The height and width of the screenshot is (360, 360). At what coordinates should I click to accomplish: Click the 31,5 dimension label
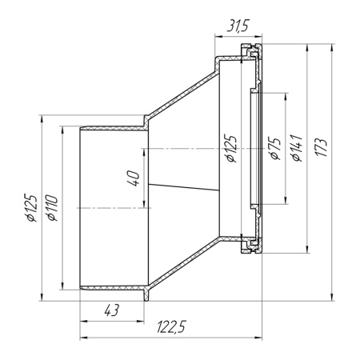[x=238, y=26]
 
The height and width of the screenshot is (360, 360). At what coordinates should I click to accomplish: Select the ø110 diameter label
[x=52, y=208]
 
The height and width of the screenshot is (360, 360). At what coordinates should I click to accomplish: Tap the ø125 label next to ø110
[x=30, y=208]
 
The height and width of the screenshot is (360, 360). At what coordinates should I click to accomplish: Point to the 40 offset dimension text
[x=134, y=178]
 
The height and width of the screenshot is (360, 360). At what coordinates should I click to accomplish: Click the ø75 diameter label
[x=276, y=148]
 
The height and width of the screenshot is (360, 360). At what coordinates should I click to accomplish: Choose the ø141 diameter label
[x=297, y=148]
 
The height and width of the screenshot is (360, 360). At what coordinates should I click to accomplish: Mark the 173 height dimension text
[x=321, y=147]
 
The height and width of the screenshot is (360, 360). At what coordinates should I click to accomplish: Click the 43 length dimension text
[x=112, y=310]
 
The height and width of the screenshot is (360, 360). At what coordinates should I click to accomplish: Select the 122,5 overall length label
[x=171, y=326]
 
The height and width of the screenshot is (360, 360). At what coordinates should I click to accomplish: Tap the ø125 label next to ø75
[x=230, y=149]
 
